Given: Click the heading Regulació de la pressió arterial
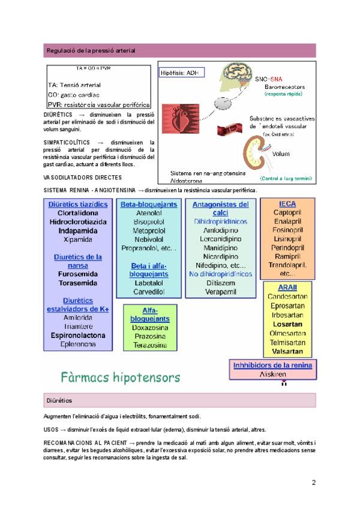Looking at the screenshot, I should (x=90, y=50).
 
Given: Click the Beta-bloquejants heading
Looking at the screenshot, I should (x=149, y=204).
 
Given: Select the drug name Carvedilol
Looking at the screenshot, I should (x=149, y=292).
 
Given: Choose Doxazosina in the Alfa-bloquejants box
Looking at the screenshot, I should (x=149, y=328).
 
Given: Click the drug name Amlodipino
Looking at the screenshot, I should (x=220, y=230).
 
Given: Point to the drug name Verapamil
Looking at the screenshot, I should (x=220, y=292).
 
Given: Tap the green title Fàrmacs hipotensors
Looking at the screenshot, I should (x=120, y=378).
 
